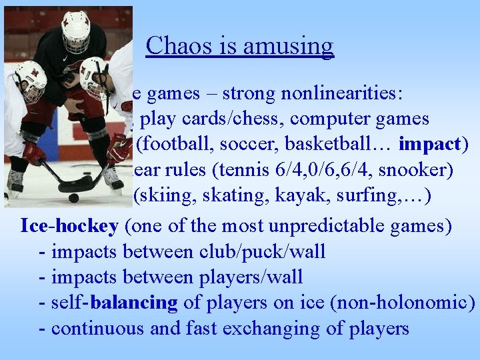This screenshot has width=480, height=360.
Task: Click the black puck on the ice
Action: tap(74, 198)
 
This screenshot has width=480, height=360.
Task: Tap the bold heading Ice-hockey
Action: tap(69, 226)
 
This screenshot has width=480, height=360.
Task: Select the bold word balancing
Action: tap(134, 302)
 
